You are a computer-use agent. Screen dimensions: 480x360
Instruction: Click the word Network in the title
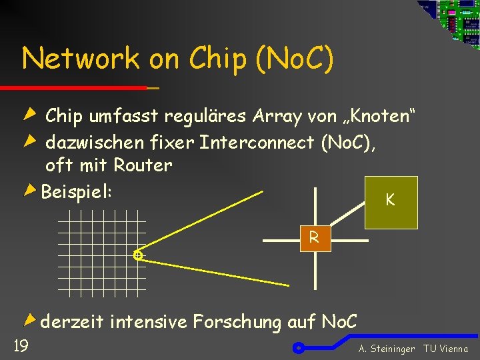(81, 59)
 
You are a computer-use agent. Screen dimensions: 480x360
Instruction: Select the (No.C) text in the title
(293, 59)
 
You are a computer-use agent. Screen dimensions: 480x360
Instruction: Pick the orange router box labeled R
(313, 238)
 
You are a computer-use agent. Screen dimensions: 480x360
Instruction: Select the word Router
(143, 165)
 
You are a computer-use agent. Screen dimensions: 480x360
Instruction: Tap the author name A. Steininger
(387, 349)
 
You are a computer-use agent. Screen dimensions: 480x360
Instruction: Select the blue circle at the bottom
(299, 347)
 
